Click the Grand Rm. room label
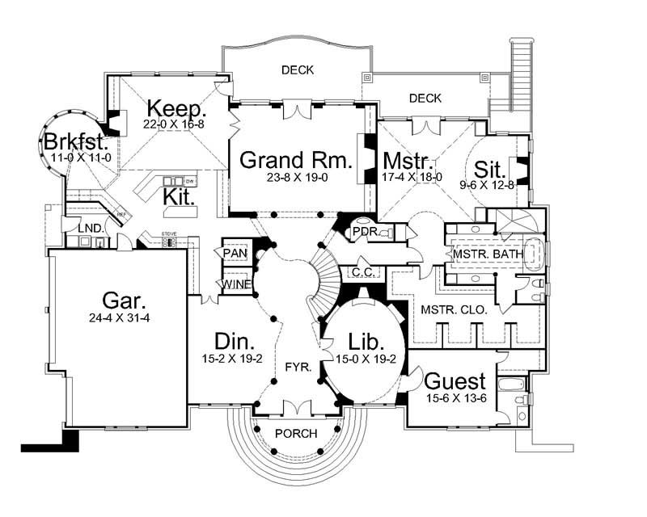[297, 160]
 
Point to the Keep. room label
[176, 108]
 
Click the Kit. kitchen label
[180, 196]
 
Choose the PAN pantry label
[235, 254]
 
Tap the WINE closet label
[235, 284]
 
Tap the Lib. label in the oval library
[360, 340]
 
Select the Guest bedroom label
[455, 380]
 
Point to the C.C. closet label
[361, 273]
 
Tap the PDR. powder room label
[361, 233]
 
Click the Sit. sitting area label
[490, 170]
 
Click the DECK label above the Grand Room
[298, 69]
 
